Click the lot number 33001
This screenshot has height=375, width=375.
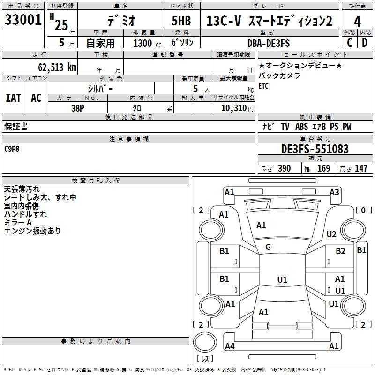(x=22, y=21)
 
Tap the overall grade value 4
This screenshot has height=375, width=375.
(x=358, y=21)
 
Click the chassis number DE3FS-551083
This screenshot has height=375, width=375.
(x=315, y=149)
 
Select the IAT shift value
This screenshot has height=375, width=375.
(x=14, y=98)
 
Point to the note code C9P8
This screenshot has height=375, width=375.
(x=13, y=149)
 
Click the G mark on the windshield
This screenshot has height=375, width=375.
(x=268, y=247)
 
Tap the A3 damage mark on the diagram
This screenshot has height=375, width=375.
(x=334, y=192)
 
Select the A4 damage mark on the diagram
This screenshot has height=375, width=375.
(x=230, y=346)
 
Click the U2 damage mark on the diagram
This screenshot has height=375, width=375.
(x=331, y=234)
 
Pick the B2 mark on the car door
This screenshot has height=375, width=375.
(x=340, y=251)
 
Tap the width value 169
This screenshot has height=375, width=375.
(x=323, y=169)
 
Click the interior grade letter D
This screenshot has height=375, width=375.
(x=365, y=43)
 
